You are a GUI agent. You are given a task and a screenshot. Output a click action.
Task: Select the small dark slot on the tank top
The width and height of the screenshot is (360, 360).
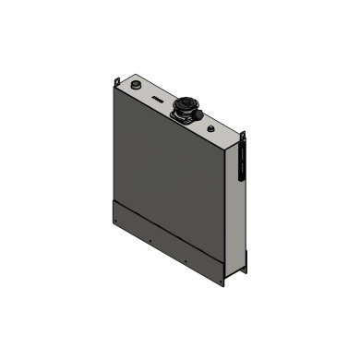point(160,96)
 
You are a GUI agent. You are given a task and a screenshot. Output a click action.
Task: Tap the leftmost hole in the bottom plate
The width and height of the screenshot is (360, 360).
point(114,218)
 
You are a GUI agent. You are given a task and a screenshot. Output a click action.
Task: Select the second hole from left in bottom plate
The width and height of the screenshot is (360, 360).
point(150,242)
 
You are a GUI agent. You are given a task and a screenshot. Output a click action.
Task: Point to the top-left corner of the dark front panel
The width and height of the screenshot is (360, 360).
point(113,90)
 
